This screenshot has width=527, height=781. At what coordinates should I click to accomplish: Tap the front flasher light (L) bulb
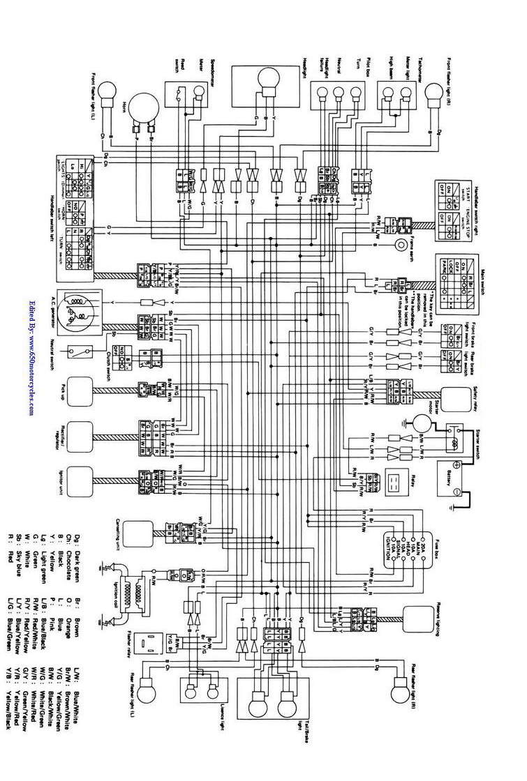107,91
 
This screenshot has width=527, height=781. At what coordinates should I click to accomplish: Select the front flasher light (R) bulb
436,92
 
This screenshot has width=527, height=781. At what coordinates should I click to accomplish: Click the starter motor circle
422,424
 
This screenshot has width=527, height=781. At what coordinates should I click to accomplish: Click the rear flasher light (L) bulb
148,692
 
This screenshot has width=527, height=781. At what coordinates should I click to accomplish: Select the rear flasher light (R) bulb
401,692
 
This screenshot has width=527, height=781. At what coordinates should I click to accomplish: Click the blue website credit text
32,356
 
